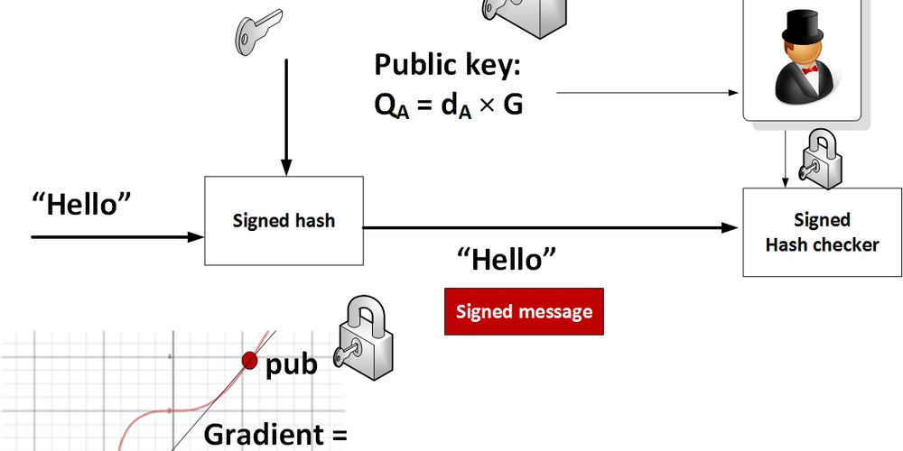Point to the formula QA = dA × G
click(x=449, y=106)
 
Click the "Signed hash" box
click(x=284, y=220)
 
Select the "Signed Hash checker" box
click(x=821, y=232)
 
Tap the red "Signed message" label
click(x=524, y=312)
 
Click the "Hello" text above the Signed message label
click(x=506, y=261)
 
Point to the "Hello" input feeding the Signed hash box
click(x=81, y=204)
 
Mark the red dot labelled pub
click(x=249, y=362)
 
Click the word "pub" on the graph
click(x=291, y=365)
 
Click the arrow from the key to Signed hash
click(x=285, y=117)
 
